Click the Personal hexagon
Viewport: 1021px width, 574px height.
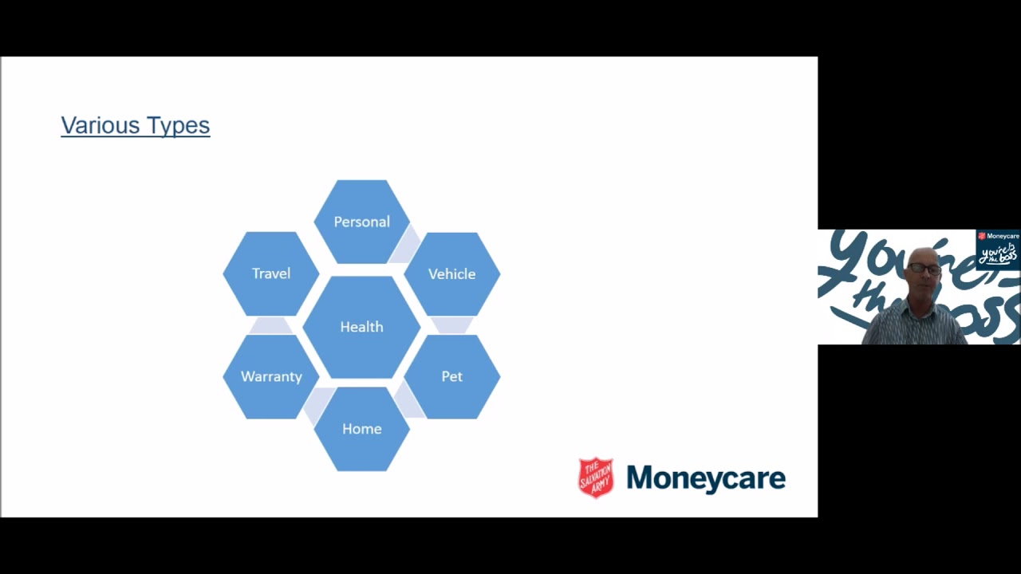tap(362, 222)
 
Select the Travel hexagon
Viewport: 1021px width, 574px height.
tap(270, 273)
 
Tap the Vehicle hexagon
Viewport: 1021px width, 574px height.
tap(452, 274)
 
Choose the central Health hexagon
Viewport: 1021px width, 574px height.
tap(361, 327)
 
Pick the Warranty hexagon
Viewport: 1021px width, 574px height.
tap(270, 377)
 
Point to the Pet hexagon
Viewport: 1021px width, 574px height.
tap(452, 377)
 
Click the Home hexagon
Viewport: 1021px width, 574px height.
tap(362, 429)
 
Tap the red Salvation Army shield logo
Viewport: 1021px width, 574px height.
tap(596, 478)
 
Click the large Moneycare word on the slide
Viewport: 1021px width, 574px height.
tap(706, 479)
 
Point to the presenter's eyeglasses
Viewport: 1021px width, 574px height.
tap(924, 269)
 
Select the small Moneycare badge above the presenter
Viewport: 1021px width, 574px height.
tap(997, 250)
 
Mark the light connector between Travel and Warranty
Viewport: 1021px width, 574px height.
tap(270, 326)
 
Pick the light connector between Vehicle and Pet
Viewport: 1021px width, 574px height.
tap(452, 325)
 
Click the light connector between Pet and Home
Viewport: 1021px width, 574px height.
tap(407, 401)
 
